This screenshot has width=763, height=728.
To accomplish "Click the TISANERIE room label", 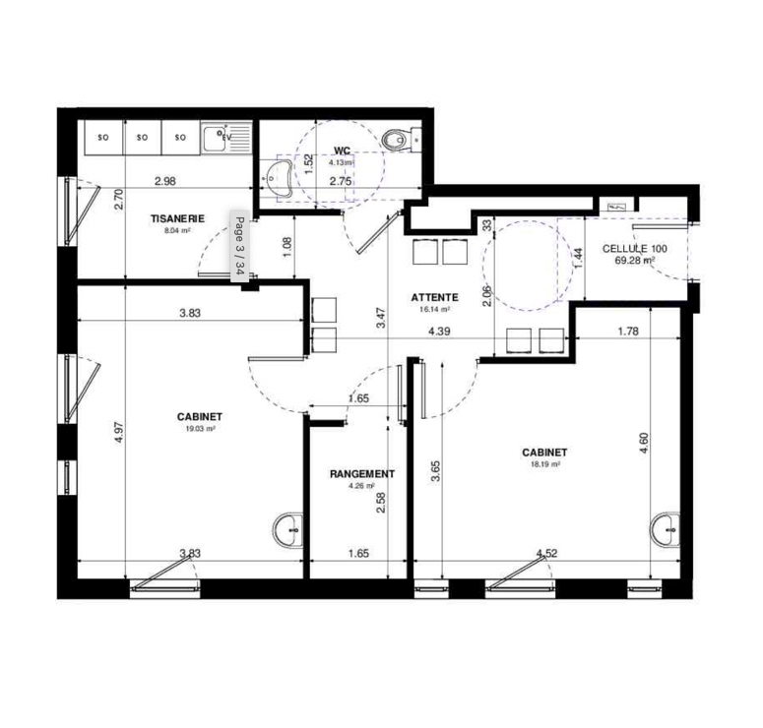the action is click(x=177, y=218).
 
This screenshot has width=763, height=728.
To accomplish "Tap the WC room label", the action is click(x=342, y=151).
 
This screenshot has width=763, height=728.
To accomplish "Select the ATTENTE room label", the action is click(x=434, y=297).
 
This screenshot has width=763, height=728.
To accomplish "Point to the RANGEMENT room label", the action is click(x=362, y=473).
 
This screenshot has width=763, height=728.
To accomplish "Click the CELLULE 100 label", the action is click(x=635, y=249).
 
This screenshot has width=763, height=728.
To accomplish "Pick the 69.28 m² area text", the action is click(x=635, y=260).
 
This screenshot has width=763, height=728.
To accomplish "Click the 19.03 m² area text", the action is click(x=200, y=429).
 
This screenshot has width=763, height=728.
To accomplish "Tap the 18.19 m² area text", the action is click(x=545, y=464).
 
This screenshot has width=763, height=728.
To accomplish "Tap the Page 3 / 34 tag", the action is click(x=239, y=246).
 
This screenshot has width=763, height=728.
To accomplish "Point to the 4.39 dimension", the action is click(x=439, y=332).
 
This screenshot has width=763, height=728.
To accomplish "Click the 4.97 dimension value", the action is click(x=120, y=432).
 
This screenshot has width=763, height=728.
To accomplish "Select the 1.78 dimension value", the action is click(x=628, y=332).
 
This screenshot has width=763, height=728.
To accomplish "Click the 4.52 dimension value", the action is click(x=546, y=553).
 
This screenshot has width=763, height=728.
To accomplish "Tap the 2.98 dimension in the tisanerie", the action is click(x=165, y=181).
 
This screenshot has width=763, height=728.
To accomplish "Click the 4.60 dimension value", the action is click(x=643, y=444).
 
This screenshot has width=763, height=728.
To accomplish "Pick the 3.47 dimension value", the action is click(x=382, y=318).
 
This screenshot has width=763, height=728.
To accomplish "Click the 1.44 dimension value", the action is click(x=578, y=258).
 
